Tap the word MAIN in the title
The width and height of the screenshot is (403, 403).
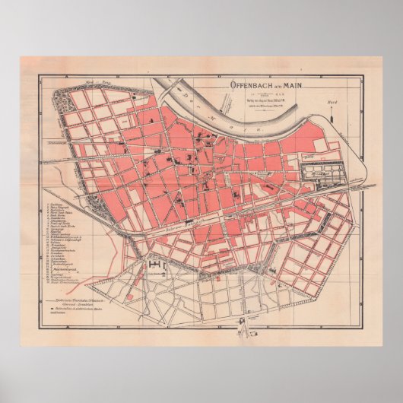tap(291, 86)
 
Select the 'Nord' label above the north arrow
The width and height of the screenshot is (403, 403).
tap(332, 101)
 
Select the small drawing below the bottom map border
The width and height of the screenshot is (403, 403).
tap(243, 329)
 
